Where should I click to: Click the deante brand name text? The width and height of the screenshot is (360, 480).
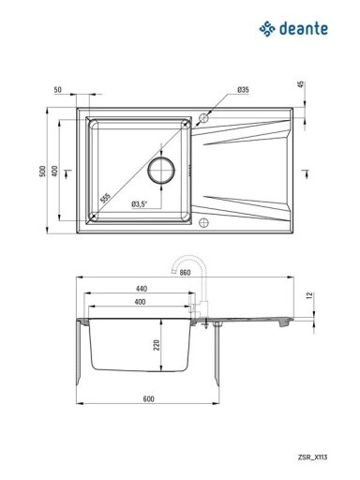[x=304, y=29]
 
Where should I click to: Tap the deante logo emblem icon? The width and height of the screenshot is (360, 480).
[x=267, y=29]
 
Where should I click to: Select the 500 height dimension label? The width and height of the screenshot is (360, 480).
[x=42, y=171]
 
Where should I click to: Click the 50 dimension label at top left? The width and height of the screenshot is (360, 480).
[x=58, y=90]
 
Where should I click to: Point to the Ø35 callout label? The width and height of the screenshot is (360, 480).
[x=243, y=90]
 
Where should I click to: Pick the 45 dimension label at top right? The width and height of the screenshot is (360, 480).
[x=300, y=84]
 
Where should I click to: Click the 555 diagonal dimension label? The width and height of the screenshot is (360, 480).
[x=105, y=198]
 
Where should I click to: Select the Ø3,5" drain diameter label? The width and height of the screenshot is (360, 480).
[x=139, y=204]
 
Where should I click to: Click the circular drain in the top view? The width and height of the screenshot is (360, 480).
[x=161, y=171]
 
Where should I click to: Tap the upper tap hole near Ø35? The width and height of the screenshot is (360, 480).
[x=203, y=118]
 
